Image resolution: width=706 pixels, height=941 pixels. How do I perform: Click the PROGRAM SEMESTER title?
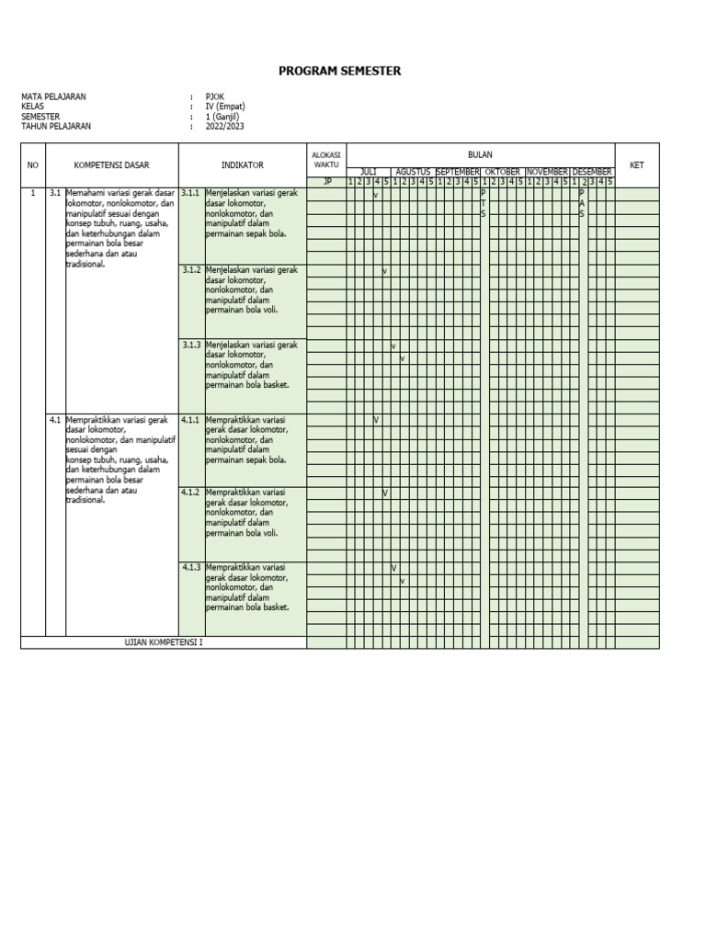(340, 72)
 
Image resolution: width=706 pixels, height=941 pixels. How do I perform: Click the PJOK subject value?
(214, 96)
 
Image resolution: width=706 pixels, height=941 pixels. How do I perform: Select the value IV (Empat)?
(226, 107)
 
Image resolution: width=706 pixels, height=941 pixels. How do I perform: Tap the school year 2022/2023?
(225, 127)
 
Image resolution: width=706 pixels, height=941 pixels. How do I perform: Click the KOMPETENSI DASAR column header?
(111, 165)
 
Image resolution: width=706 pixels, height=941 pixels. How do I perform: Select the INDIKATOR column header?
(242, 165)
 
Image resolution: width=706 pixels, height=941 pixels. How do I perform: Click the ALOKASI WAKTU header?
(326, 160)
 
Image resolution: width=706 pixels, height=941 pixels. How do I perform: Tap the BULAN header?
(480, 155)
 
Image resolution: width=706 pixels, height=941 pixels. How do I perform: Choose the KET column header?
(636, 165)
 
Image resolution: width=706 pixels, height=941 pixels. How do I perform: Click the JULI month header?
(369, 172)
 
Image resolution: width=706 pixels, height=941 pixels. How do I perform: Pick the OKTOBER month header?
(503, 172)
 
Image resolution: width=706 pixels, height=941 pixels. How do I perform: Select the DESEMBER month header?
(592, 172)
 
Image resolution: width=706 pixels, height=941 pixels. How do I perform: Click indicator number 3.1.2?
(190, 271)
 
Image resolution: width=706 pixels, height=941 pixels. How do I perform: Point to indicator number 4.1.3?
(190, 568)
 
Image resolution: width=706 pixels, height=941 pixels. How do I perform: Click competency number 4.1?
(55, 420)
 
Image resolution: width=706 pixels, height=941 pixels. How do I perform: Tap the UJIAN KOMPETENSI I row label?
(164, 642)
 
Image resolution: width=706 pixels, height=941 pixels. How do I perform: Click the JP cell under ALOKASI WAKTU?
(326, 182)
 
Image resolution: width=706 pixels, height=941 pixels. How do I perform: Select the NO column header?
(33, 165)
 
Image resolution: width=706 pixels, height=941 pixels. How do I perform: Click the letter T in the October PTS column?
(484, 204)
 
